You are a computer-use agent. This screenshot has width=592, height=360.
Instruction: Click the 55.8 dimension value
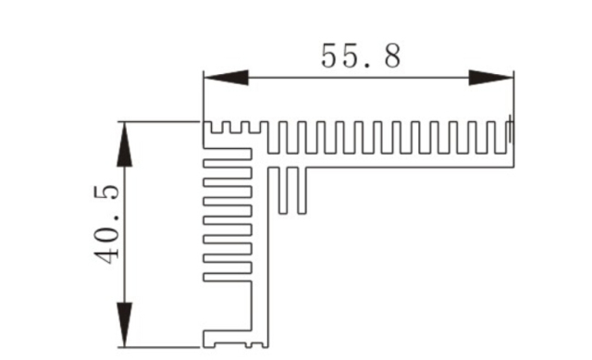(x=361, y=56)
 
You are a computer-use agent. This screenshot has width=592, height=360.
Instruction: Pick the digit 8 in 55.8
(x=391, y=56)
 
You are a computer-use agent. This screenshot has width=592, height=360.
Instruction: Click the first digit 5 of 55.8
(x=332, y=56)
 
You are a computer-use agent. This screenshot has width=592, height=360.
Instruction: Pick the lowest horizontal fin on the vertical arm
(x=227, y=276)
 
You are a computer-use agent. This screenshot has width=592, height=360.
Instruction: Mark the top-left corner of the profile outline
(x=203, y=122)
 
